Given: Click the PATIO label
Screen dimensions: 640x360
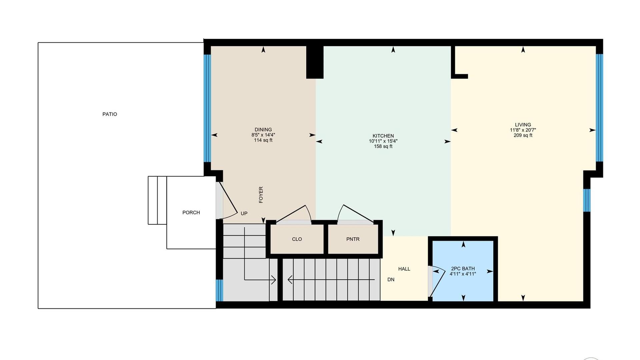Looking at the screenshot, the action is coord(110,114).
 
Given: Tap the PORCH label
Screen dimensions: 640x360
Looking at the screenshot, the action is coord(191,213).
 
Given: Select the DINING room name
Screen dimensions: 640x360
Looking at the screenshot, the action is coord(263,130).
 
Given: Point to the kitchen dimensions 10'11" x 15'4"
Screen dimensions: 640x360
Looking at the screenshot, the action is coord(383,141).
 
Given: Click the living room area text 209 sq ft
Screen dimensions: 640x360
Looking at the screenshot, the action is coord(523,135).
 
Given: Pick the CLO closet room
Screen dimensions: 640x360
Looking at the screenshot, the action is coord(297,239).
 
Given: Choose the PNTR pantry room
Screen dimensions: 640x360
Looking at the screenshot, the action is coord(353,239).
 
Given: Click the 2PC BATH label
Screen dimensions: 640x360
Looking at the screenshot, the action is coord(463,269).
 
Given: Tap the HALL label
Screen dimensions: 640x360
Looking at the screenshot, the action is coord(404,269).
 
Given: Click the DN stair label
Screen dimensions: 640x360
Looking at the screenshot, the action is coord(391,280).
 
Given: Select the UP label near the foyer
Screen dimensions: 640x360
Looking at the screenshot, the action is coord(244,213).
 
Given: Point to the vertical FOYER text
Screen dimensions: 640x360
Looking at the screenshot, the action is coord(261,195).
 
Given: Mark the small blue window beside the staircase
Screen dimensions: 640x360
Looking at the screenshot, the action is coord(219,290).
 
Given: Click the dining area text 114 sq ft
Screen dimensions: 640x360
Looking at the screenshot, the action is coord(263,140).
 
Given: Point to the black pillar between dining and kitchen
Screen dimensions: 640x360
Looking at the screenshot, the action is coord(315,62).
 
